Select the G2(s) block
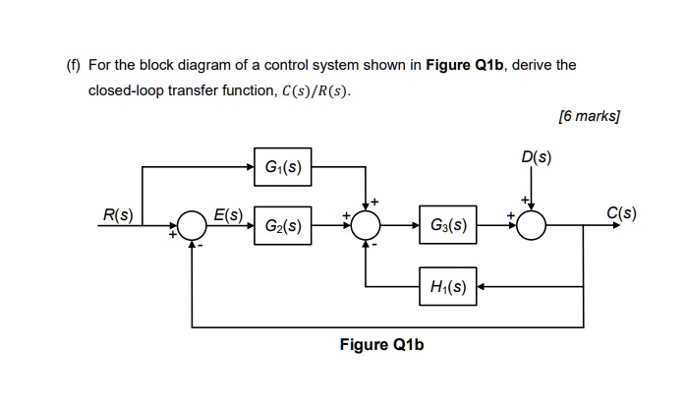click(282, 227)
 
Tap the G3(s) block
click(449, 227)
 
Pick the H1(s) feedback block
click(449, 287)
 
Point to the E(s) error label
click(230, 213)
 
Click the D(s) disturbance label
click(538, 156)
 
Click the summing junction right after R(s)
click(193, 227)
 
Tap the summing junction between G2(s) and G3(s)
click(366, 227)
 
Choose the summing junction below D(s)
click(532, 227)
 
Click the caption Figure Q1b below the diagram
click(382, 345)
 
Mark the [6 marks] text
click(589, 115)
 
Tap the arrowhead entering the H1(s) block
click(484, 287)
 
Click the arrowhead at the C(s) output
click(620, 227)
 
